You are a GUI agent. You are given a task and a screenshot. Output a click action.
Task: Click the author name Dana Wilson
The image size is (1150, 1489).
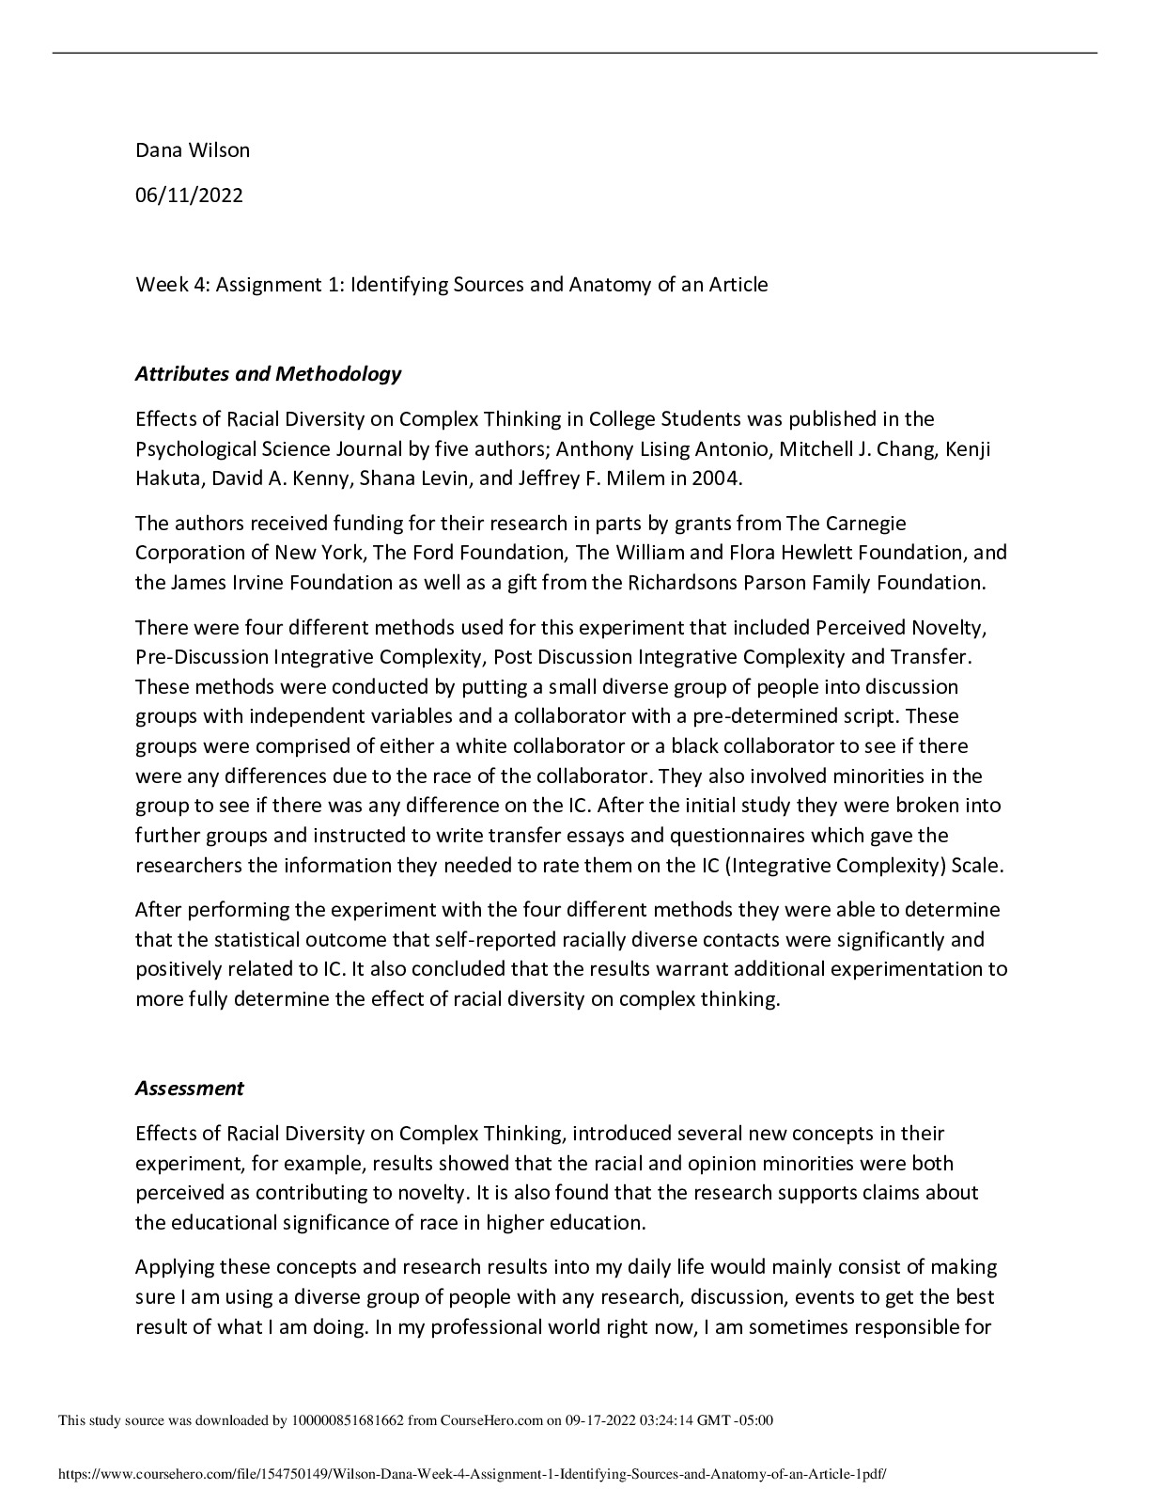(193, 149)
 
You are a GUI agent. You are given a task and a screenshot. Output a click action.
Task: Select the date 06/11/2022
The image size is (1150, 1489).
(189, 195)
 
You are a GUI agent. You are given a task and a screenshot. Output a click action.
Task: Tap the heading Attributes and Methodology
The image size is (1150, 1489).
(268, 373)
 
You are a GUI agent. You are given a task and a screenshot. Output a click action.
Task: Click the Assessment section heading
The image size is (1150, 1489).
(189, 1088)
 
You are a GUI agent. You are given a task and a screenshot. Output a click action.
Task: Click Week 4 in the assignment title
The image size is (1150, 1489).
(170, 284)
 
